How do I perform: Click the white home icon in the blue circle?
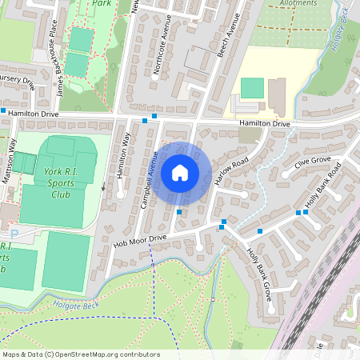coord(180,172)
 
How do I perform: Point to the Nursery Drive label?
coord(18,82)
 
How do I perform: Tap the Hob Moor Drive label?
coord(140,238)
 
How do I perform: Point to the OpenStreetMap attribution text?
coord(80,354)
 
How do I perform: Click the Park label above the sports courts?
coord(101,3)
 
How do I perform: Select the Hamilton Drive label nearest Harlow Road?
coord(264,124)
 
